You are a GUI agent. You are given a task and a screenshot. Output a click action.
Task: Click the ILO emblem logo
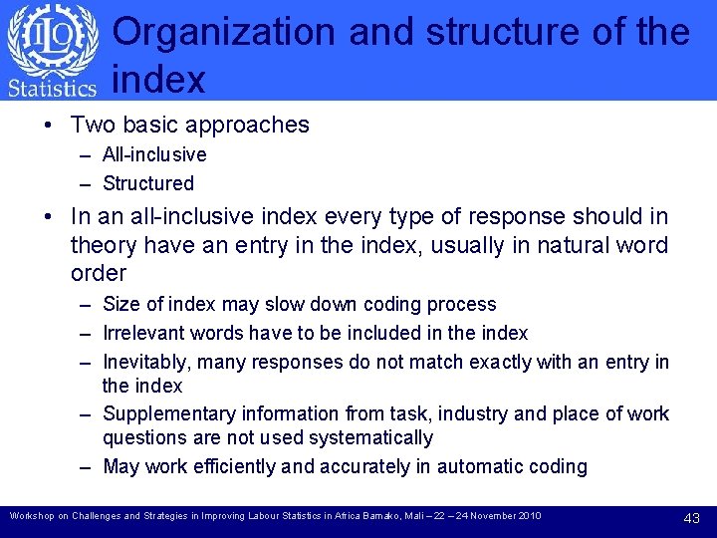(53, 38)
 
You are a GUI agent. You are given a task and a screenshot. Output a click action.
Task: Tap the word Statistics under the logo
(52, 88)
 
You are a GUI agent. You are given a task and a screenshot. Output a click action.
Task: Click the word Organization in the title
(226, 32)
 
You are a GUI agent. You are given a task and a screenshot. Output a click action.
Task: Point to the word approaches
(250, 126)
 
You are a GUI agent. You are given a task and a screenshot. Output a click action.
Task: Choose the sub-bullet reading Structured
(148, 183)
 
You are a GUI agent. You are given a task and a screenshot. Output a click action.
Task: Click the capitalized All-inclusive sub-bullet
(154, 154)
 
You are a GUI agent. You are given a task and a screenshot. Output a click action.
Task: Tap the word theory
(105, 245)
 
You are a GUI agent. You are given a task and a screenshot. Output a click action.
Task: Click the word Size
(120, 304)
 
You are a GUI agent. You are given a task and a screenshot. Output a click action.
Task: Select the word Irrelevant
(141, 333)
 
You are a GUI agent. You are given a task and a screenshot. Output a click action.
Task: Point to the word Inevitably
(142, 362)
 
